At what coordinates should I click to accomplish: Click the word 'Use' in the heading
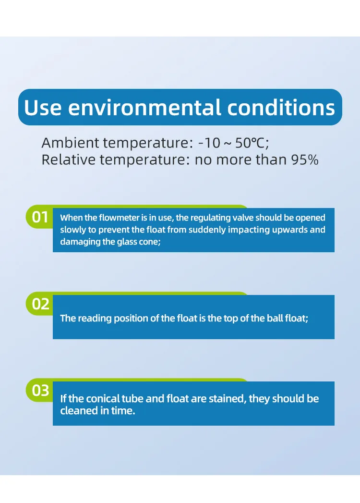(x=43, y=108)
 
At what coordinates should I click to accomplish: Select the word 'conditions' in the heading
(x=281, y=108)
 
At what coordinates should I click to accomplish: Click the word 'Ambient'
(x=70, y=143)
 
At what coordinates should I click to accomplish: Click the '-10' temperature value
(x=209, y=143)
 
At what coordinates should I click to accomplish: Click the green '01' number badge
(x=40, y=217)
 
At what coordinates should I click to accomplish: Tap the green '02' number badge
(x=40, y=304)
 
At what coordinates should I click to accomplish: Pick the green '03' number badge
(x=40, y=391)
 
